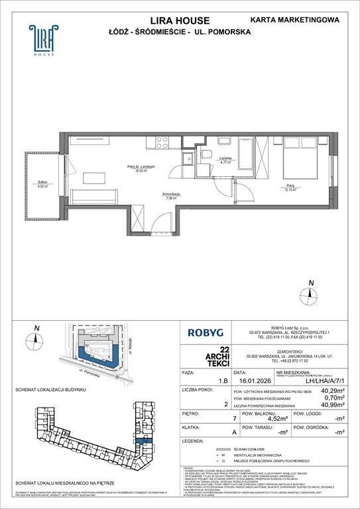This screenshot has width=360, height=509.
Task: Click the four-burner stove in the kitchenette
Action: point(160,141)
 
